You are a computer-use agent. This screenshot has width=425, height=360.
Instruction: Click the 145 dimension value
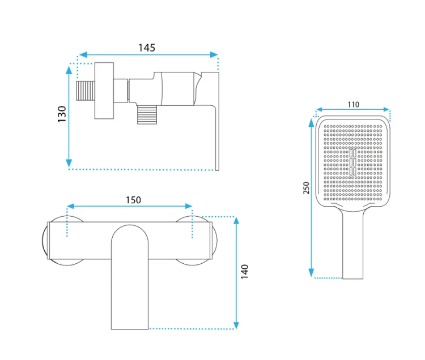point(147,48)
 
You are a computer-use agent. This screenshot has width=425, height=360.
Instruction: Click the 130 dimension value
point(62,114)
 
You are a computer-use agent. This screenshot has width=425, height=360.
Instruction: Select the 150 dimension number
point(133,200)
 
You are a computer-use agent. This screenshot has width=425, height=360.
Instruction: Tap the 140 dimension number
point(245,272)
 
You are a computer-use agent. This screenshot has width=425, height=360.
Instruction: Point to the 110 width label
point(354,105)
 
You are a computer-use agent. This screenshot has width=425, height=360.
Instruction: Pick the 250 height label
point(306,187)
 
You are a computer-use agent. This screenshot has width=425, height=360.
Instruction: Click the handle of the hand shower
point(352,243)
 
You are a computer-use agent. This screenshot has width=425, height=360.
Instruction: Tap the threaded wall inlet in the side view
point(86,91)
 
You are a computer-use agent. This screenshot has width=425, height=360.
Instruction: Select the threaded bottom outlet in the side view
point(147,115)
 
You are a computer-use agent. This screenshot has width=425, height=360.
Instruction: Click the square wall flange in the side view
point(104,91)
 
